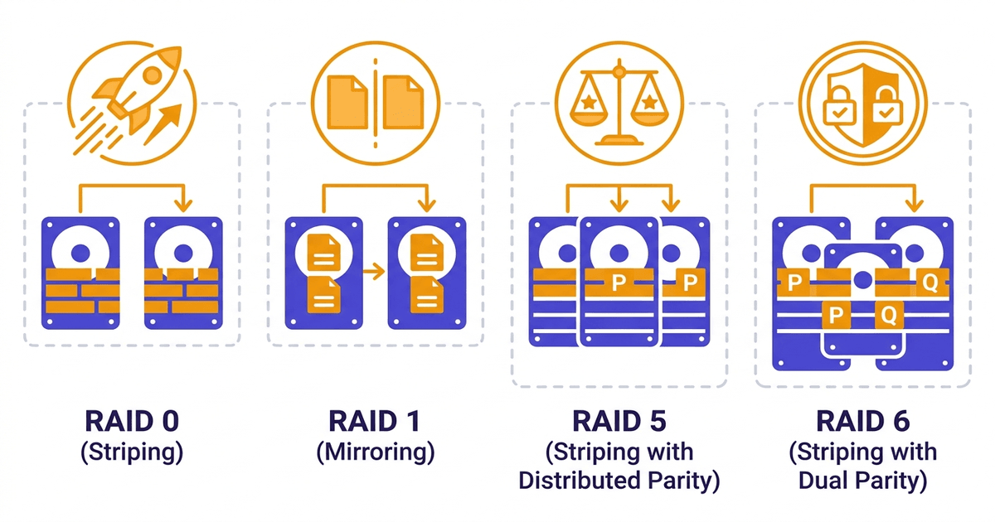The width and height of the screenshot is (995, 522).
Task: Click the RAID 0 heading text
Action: click(x=132, y=421)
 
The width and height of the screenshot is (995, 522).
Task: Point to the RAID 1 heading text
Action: click(x=375, y=421)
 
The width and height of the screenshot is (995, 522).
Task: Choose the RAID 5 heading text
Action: click(x=619, y=421)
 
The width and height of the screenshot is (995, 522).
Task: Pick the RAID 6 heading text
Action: click(x=862, y=421)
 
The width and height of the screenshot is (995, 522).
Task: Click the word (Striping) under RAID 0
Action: click(x=132, y=452)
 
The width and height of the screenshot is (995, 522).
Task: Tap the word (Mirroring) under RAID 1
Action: click(x=375, y=452)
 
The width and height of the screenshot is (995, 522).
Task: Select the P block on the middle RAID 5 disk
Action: click(x=619, y=283)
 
